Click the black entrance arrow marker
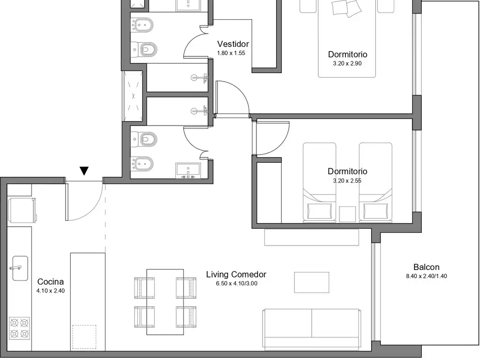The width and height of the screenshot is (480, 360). click(84, 171)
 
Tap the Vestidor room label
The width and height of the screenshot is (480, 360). click(233, 44)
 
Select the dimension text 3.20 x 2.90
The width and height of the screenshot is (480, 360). click(347, 64)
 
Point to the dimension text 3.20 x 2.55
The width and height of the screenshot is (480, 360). click(347, 181)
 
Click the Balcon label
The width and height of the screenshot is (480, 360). click(427, 267)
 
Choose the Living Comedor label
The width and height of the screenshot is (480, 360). click(236, 275)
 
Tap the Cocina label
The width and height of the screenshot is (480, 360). click(51, 282)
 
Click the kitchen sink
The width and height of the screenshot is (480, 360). click(20, 269)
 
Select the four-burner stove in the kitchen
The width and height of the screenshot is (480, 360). click(19, 328)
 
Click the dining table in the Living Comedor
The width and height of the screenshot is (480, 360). click(165, 302)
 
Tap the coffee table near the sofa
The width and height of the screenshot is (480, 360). click(312, 282)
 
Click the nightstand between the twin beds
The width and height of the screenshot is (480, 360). click(347, 214)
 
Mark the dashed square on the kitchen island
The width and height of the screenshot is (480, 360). click(84, 337)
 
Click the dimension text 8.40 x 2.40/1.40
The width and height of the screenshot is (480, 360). click(427, 276)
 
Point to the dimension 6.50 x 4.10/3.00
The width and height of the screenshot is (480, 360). click(237, 284)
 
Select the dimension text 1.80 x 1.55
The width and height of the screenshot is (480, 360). click(231, 53)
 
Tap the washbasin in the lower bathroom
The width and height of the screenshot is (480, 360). click(188, 171)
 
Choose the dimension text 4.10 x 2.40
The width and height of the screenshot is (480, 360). click(51, 291)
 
